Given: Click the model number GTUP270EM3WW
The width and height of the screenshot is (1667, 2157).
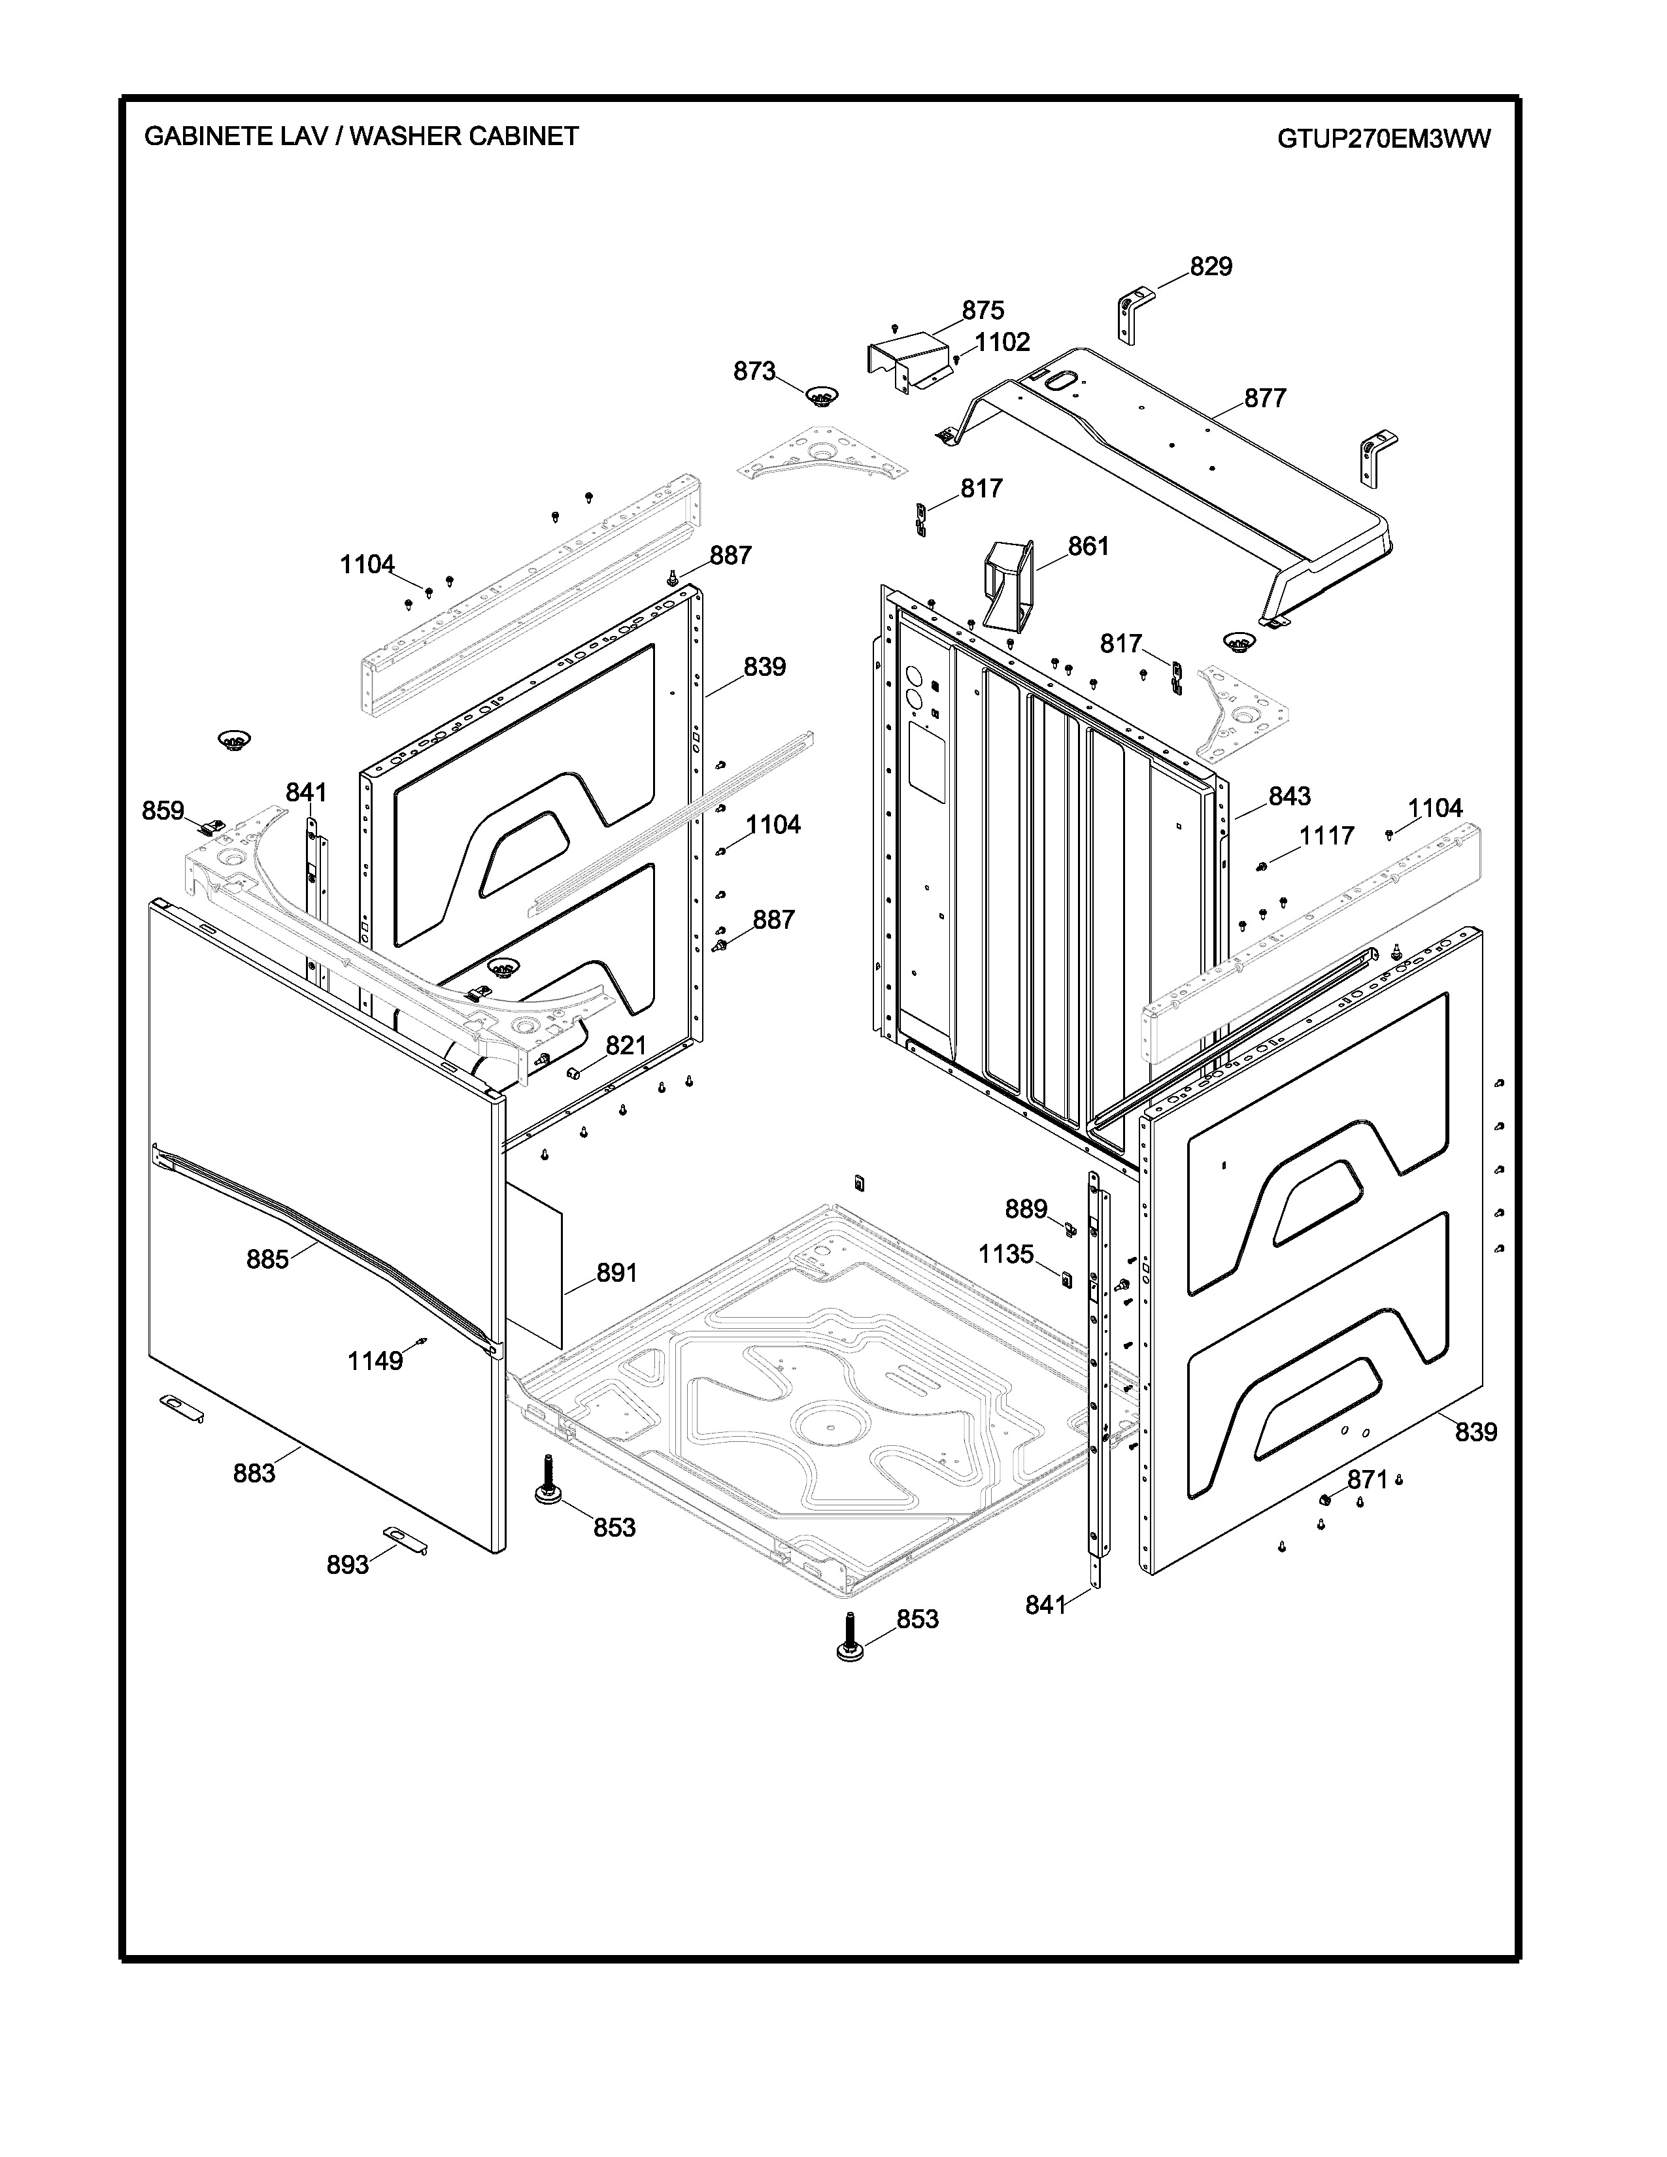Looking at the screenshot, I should tap(1383, 139).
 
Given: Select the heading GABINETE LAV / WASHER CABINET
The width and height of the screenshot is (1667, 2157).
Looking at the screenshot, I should tap(362, 137).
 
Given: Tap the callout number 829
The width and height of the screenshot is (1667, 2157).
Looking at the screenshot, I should tap(1210, 267).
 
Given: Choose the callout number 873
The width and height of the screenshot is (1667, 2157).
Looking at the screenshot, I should tap(754, 371).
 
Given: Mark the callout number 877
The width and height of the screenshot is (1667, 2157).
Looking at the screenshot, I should tap(1264, 398).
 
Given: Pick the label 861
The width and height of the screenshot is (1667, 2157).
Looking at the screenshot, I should tap(1088, 546).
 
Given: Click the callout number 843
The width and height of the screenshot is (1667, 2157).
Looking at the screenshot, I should tap(1288, 796).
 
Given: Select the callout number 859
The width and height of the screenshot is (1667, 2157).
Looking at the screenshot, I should tap(163, 811).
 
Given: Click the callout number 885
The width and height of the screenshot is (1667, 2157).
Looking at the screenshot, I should tap(267, 1260).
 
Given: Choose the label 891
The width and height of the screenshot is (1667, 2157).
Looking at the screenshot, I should tap(616, 1274).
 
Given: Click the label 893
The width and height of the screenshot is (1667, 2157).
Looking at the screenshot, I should tap(348, 1565).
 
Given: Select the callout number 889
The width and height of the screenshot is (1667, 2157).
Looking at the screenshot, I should tap(1026, 1209).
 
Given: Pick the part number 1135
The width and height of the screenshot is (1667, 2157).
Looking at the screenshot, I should tap(1005, 1254).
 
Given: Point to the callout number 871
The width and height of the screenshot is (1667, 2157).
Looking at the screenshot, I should tap(1368, 1479).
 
